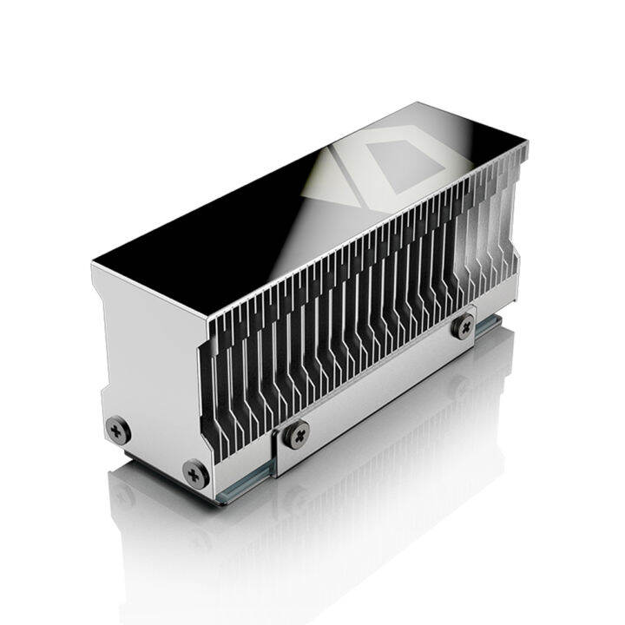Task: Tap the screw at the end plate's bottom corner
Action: point(194,473)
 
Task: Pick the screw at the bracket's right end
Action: point(464,326)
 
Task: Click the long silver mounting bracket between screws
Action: point(382,382)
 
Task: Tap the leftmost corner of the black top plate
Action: point(93,259)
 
